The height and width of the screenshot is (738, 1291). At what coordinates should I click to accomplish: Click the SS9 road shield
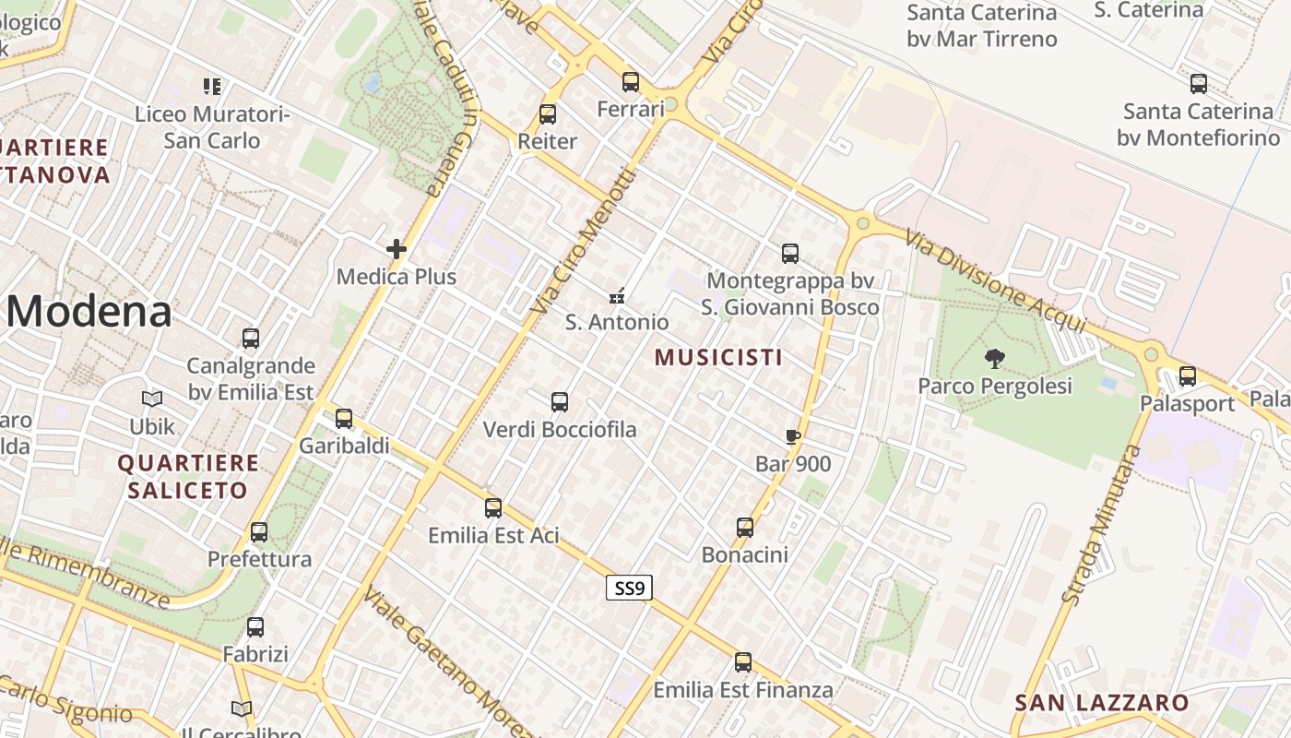coord(629,588)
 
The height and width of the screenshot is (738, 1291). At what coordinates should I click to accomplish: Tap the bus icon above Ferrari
coord(631,82)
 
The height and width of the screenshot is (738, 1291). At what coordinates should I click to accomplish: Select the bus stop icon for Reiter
coord(548,114)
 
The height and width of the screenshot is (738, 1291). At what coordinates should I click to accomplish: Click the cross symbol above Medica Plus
coord(397,249)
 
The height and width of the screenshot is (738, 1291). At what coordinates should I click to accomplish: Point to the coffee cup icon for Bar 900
coord(792,436)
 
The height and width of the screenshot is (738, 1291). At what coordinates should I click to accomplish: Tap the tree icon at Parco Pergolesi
coord(994,358)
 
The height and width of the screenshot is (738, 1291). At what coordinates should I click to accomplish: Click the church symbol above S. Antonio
coord(618,296)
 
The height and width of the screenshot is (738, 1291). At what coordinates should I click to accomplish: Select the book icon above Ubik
coord(152,399)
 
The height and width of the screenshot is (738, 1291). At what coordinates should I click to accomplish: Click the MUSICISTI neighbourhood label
coord(718,357)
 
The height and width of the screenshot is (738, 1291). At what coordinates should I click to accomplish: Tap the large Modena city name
coord(89,312)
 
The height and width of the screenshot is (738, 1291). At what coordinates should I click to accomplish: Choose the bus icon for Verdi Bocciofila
coord(560,402)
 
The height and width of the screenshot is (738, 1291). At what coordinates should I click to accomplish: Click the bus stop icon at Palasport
coord(1188,376)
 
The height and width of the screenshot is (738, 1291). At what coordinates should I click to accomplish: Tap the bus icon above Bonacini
coord(745,528)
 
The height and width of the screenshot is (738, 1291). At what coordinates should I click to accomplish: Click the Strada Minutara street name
coord(1102,525)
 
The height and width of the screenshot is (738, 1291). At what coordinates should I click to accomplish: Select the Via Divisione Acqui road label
coord(995,280)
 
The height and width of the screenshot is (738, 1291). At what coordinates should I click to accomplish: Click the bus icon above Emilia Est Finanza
coord(743,662)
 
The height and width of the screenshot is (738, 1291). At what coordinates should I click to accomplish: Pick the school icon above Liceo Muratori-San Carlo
coord(212,87)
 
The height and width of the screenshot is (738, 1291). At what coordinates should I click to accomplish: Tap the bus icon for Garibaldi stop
coord(344,419)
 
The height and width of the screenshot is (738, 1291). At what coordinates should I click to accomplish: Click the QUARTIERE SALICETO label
coord(188,476)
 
